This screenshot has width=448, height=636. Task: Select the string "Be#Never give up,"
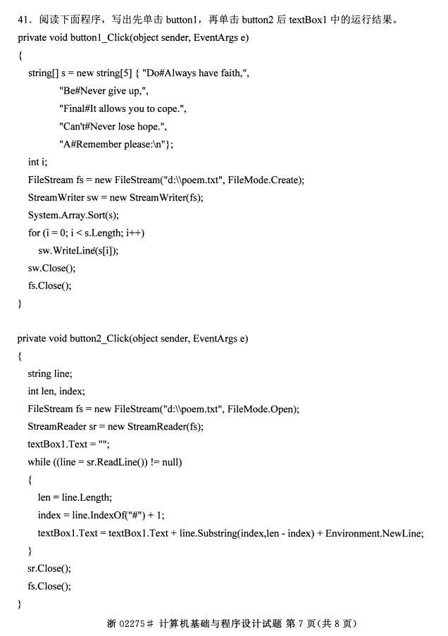click(x=104, y=91)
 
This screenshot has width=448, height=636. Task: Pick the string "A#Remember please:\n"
click(x=116, y=144)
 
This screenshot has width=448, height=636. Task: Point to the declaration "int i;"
click(x=37, y=162)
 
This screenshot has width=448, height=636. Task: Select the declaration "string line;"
click(x=49, y=374)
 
